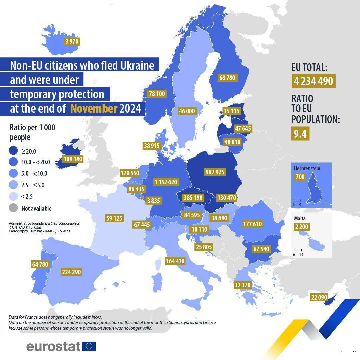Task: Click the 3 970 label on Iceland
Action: coord(72,42)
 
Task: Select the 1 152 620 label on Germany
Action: coord(166,182)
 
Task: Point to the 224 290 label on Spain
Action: coord(71,272)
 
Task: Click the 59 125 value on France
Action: coord(114,219)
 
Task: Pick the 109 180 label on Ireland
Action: coord(73,159)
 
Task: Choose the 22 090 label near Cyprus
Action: coord(319,297)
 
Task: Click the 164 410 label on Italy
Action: coord(175,261)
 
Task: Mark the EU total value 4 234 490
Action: coord(313,81)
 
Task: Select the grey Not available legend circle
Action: coord(14,208)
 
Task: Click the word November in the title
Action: coord(94,109)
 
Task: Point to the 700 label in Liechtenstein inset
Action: coord(300,177)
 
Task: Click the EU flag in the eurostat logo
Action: coord(89,346)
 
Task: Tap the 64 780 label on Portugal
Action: coord(40,265)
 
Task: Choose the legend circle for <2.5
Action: coord(14,197)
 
